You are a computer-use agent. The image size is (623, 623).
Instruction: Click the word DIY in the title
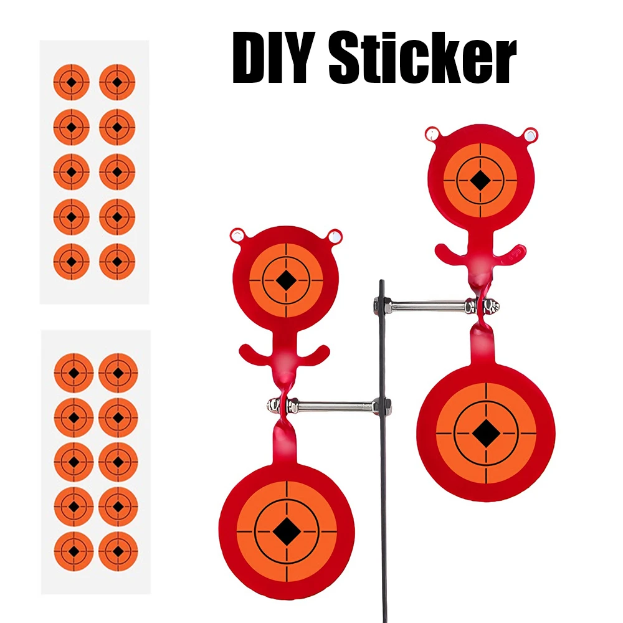273,57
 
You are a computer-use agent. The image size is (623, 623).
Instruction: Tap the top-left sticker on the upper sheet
72,82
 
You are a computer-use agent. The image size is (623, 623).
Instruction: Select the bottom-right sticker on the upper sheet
117,262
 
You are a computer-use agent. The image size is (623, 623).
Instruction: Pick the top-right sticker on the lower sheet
118,373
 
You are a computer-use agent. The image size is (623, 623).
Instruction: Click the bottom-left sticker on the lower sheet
74,551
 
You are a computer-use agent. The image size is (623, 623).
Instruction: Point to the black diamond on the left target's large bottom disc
286,531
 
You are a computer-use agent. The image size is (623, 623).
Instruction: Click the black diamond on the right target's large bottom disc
486,433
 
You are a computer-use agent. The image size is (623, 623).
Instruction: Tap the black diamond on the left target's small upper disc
286,280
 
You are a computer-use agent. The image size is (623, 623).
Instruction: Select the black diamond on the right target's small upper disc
480,181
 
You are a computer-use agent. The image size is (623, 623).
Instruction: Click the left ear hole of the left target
237,235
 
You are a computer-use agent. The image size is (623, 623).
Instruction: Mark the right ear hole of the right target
530,135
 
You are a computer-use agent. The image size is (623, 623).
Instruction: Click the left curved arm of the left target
254,354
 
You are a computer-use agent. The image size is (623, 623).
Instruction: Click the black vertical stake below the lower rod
384,516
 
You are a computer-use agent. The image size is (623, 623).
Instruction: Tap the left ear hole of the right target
432,135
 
